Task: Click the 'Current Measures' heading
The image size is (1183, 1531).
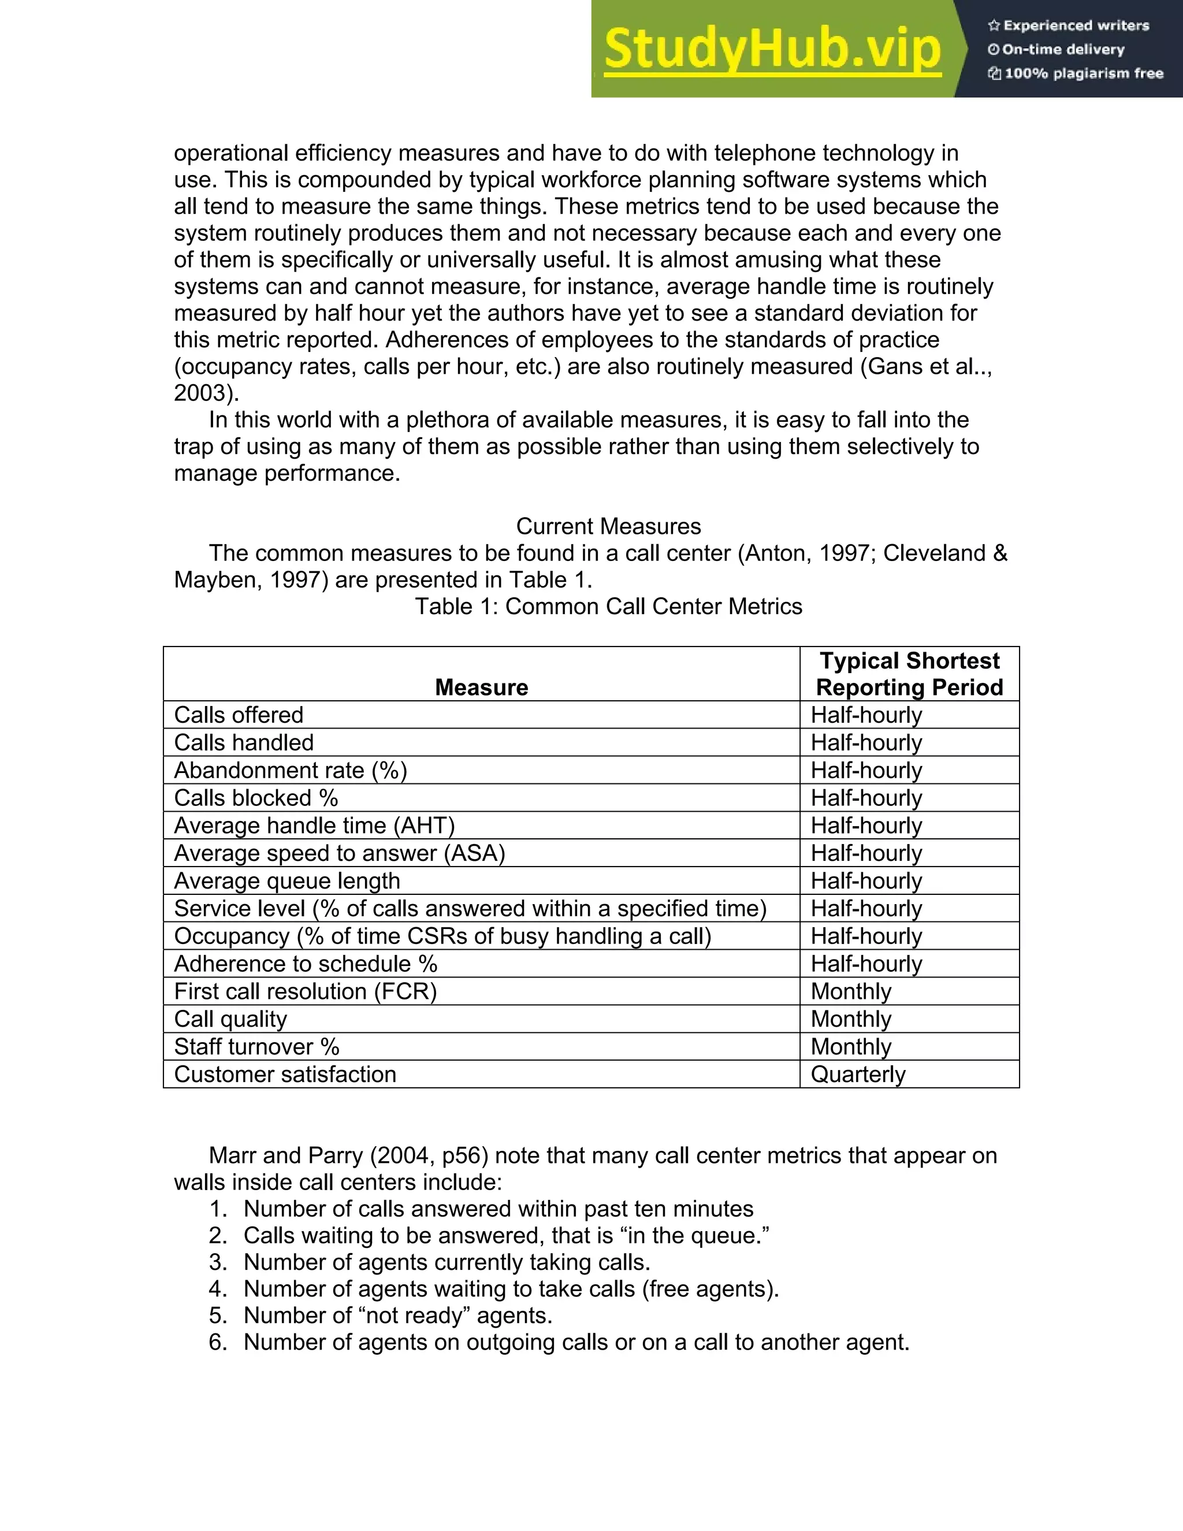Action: pyautogui.click(x=608, y=526)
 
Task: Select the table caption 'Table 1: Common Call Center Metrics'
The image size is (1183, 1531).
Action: pyautogui.click(x=608, y=607)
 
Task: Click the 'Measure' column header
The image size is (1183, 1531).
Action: pyautogui.click(x=482, y=687)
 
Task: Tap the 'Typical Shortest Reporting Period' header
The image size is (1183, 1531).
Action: pyautogui.click(x=909, y=674)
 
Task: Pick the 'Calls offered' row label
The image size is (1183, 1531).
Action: pyautogui.click(x=239, y=715)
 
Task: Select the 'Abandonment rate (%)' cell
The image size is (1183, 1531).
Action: pyautogui.click(x=290, y=770)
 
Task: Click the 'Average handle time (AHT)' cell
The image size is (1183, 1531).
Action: pyautogui.click(x=314, y=826)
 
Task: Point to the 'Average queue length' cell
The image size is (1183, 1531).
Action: pyautogui.click(x=287, y=881)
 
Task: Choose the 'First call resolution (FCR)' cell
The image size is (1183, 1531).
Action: pyautogui.click(x=305, y=991)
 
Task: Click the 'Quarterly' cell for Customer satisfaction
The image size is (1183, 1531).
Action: pyautogui.click(x=858, y=1074)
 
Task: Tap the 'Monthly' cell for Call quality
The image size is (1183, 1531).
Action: pyautogui.click(x=851, y=1019)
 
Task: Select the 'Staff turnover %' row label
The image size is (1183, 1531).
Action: pyautogui.click(x=256, y=1047)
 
